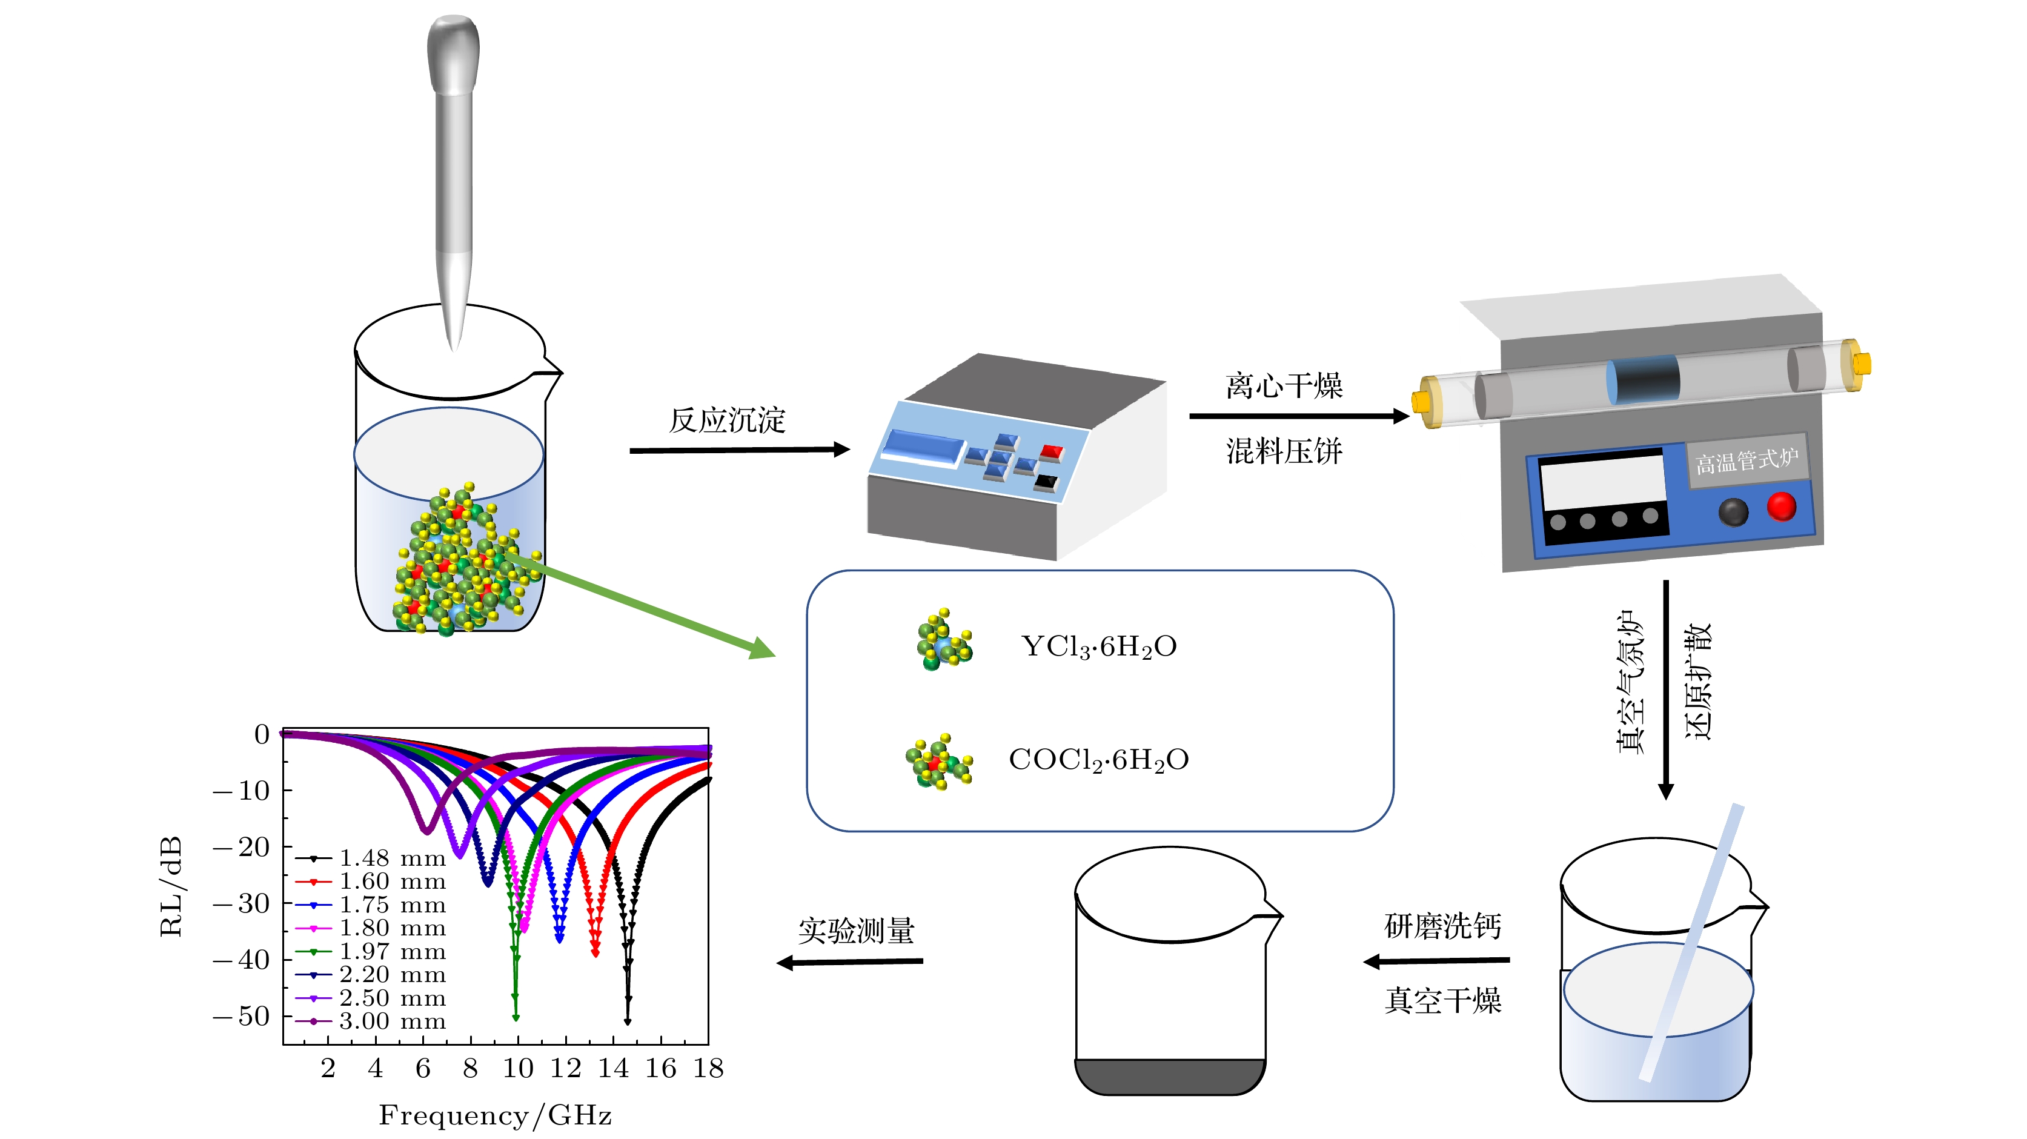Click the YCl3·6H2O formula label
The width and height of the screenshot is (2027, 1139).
(x=1098, y=647)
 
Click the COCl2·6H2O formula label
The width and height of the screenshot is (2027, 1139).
(x=1098, y=760)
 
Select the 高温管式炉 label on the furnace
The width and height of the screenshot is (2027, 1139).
(x=1746, y=460)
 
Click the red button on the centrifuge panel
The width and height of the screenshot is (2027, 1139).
(x=1051, y=453)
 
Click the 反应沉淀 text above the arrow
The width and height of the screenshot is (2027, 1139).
(x=727, y=420)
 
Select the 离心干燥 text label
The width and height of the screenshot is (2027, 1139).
(x=1284, y=386)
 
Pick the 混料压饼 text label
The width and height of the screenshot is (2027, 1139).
(x=1284, y=451)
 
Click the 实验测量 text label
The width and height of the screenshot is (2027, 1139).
(x=856, y=931)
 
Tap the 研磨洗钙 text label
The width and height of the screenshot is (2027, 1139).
(x=1442, y=926)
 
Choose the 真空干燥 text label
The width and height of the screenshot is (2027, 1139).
(x=1442, y=1000)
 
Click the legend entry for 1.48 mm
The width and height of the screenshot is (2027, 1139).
(x=370, y=858)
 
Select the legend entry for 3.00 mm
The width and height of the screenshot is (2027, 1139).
(x=370, y=1021)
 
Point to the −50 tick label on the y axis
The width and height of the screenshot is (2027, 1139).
(x=242, y=1016)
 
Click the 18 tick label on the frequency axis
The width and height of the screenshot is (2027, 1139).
(x=708, y=1068)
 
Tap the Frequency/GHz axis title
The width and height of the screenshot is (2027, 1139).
(x=495, y=1115)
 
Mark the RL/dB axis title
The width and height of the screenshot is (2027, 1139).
(x=171, y=886)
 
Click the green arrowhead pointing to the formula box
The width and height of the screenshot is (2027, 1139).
(x=761, y=649)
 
